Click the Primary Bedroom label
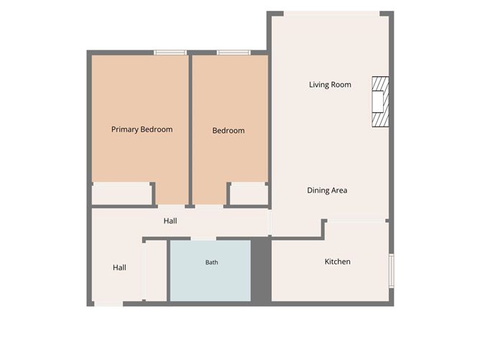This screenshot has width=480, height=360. (142, 129)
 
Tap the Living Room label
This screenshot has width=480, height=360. (330, 85)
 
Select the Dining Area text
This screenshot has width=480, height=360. (327, 190)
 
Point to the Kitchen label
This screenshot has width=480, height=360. (337, 262)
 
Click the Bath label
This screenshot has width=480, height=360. (211, 262)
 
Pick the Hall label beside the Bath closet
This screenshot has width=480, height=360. (119, 267)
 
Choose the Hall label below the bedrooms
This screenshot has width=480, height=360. (170, 221)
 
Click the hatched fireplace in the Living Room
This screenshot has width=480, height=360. (381, 101)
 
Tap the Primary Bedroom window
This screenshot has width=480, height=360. (170, 52)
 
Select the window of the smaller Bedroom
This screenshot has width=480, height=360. (234, 52)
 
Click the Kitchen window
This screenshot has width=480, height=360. (391, 271)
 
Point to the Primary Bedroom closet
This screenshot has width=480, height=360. (122, 194)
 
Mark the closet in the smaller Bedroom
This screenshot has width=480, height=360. (249, 194)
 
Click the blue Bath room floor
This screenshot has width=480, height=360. (211, 271)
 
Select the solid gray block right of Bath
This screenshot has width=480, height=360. (261, 271)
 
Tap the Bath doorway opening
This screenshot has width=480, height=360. (203, 238)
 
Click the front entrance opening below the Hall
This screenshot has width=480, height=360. (109, 304)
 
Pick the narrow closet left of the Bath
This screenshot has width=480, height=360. (156, 271)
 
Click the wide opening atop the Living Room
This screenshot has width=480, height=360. (331, 14)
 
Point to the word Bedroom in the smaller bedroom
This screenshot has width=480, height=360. (229, 131)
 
